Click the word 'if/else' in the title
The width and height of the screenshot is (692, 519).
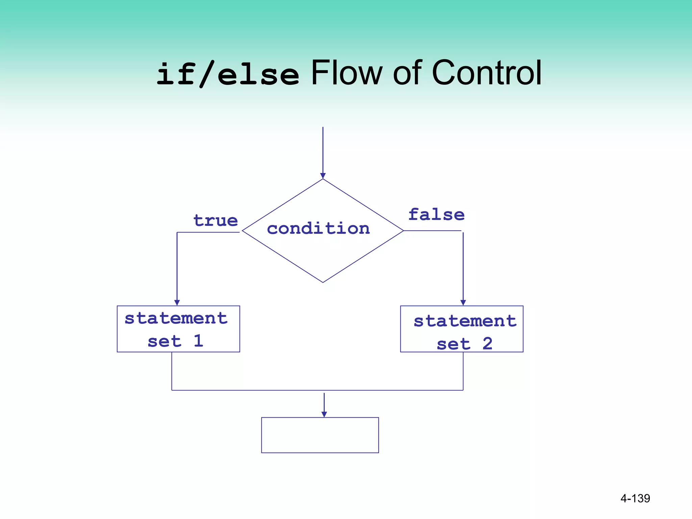tap(228, 74)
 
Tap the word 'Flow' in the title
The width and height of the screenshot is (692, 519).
tap(346, 73)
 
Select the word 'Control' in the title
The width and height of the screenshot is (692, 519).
tap(487, 73)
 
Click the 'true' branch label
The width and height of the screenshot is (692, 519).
tap(216, 221)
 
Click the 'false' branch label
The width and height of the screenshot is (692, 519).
tap(436, 215)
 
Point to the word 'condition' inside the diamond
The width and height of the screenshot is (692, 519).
tap(318, 229)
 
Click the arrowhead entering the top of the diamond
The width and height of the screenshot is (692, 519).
tap(323, 176)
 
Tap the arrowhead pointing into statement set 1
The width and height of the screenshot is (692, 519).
tap(177, 302)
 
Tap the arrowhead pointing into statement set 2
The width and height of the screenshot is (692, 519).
tap(463, 302)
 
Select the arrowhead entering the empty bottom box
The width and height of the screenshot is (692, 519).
tap(324, 414)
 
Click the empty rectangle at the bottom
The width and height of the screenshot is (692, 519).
tap(320, 435)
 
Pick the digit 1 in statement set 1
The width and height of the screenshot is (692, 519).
tap(198, 341)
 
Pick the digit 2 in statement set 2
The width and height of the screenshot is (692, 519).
tap(487, 344)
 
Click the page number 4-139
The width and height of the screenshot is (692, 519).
tap(635, 498)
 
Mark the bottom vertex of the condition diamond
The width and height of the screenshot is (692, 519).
tap(323, 282)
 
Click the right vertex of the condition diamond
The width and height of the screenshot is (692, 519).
tap(403, 231)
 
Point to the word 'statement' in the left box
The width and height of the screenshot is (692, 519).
tap(176, 318)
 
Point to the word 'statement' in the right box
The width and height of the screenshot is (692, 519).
tap(465, 321)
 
